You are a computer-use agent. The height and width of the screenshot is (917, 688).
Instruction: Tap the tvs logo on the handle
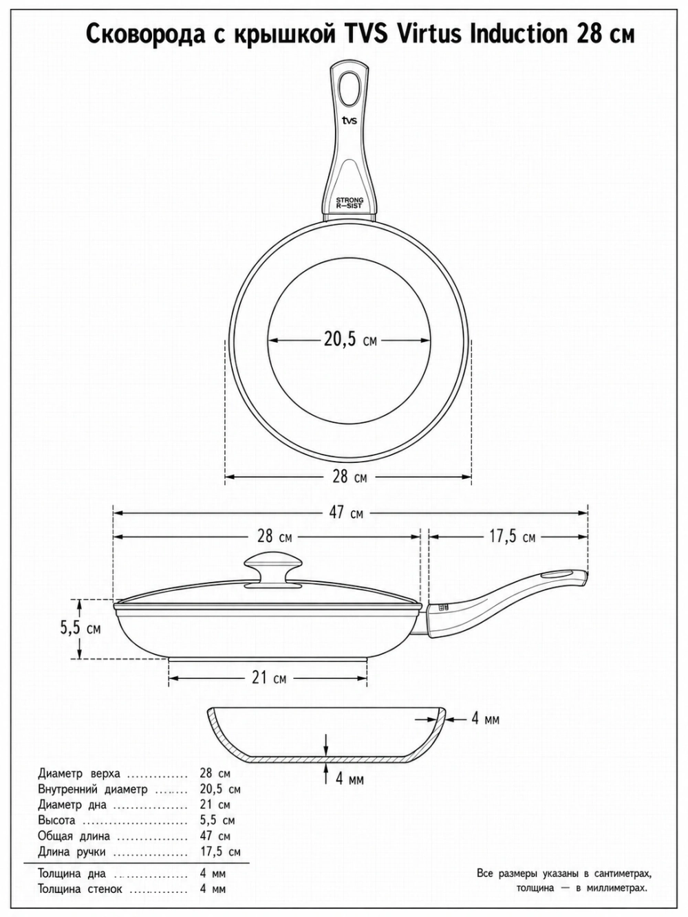click(x=350, y=121)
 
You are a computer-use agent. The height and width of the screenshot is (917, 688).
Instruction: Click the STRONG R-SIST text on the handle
click(x=350, y=203)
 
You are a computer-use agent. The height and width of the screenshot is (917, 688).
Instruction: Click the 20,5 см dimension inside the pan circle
click(x=350, y=341)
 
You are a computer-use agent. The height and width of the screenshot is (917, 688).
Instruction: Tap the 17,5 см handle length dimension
click(x=512, y=537)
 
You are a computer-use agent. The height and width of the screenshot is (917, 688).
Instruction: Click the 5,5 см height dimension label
click(x=80, y=628)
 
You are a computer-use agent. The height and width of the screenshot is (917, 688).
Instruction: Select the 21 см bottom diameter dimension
click(x=269, y=678)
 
